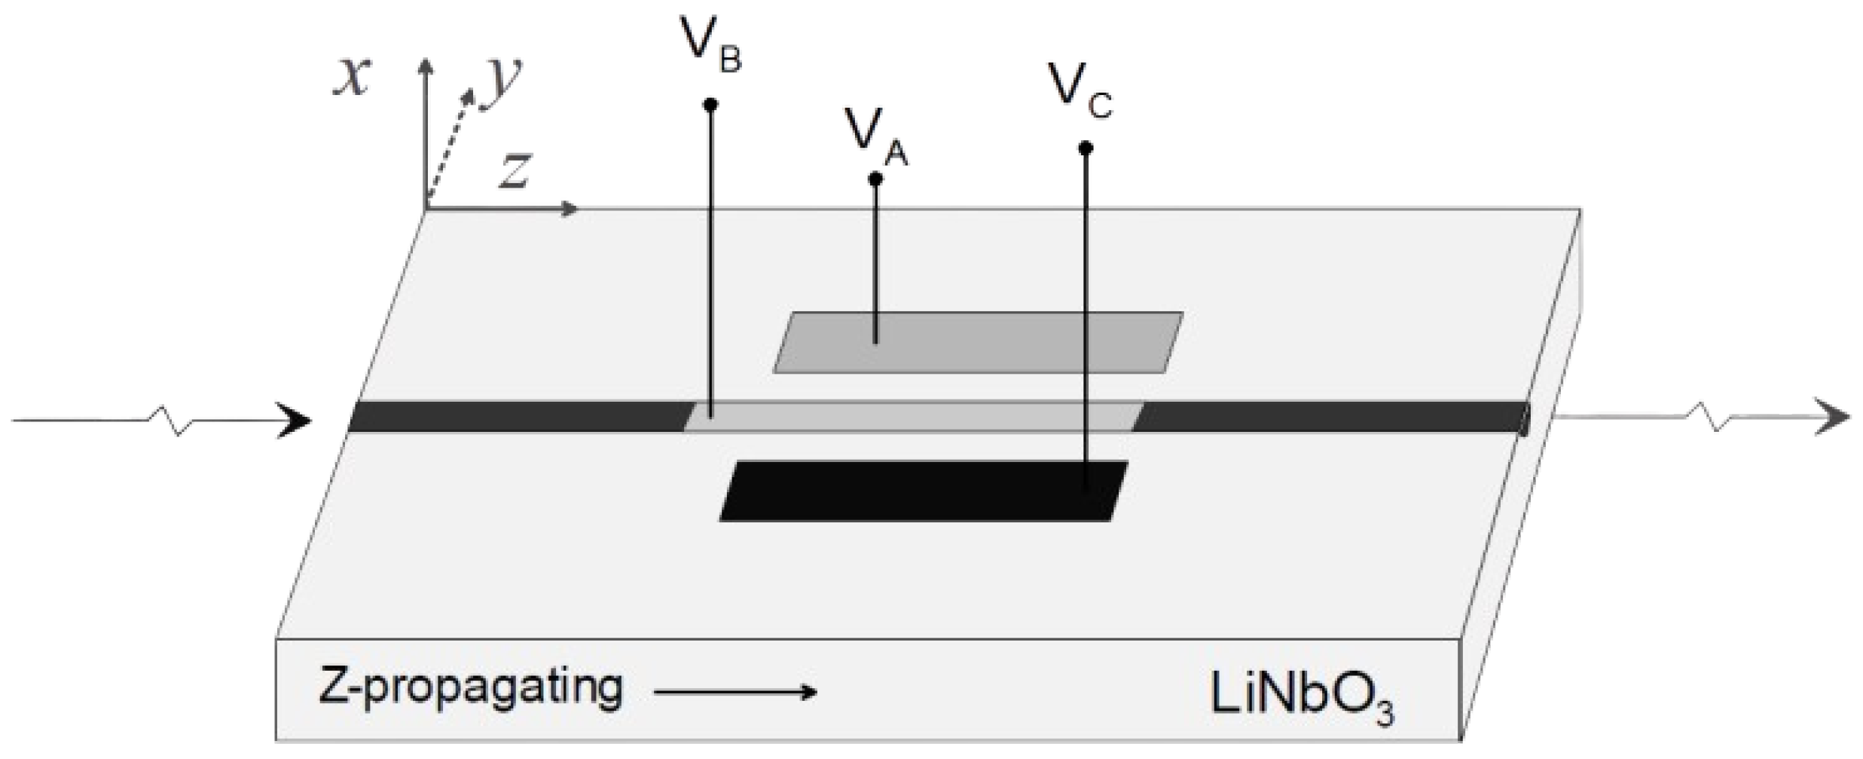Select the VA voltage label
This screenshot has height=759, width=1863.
[x=876, y=136]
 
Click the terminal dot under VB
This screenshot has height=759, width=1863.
[x=710, y=105]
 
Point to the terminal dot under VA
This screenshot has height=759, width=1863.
[x=875, y=179]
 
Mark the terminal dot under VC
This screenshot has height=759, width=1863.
[x=1086, y=148]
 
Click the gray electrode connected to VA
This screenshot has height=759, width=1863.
[x=979, y=342]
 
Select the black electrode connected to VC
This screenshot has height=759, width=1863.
[x=923, y=491]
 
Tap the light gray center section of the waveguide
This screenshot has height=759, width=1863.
[x=912, y=416]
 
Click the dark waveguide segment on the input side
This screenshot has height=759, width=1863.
[x=520, y=417]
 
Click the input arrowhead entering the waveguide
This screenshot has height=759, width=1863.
[x=295, y=421]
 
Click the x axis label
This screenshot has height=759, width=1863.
[x=353, y=77]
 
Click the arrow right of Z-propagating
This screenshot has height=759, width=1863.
[x=735, y=692]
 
